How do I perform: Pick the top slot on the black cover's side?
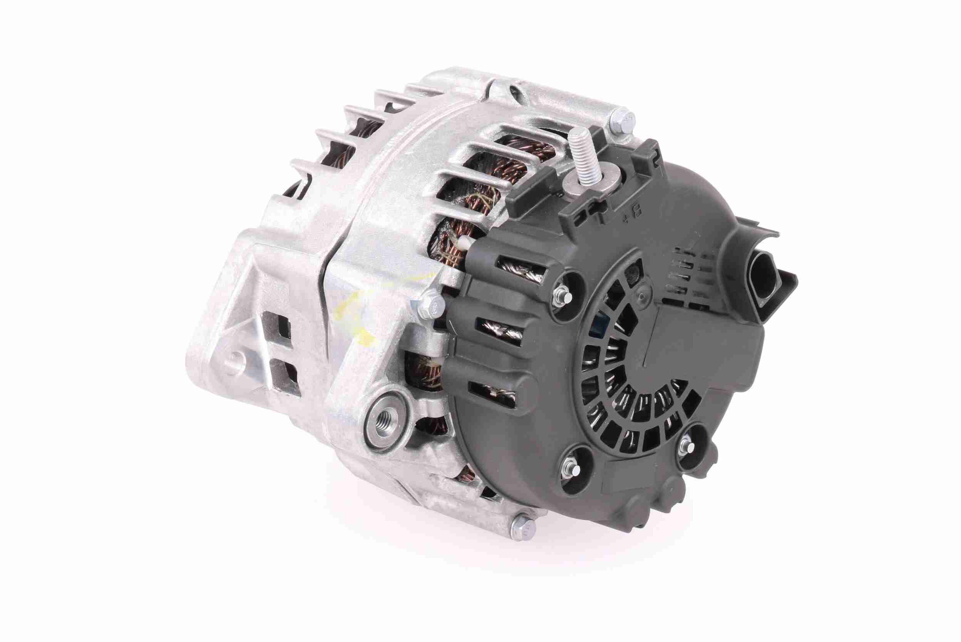[x=519, y=270]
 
